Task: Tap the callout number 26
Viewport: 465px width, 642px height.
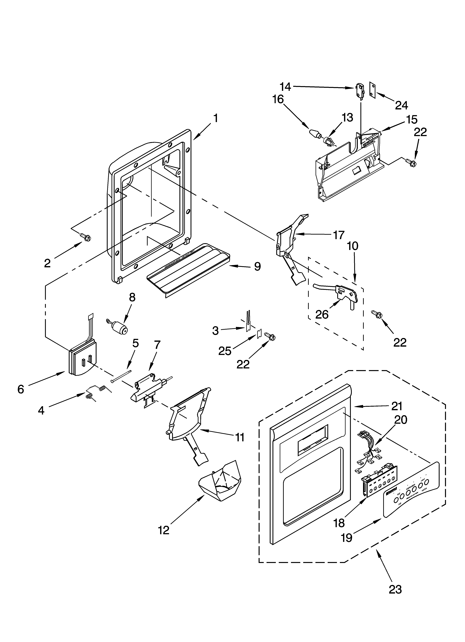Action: (322, 314)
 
